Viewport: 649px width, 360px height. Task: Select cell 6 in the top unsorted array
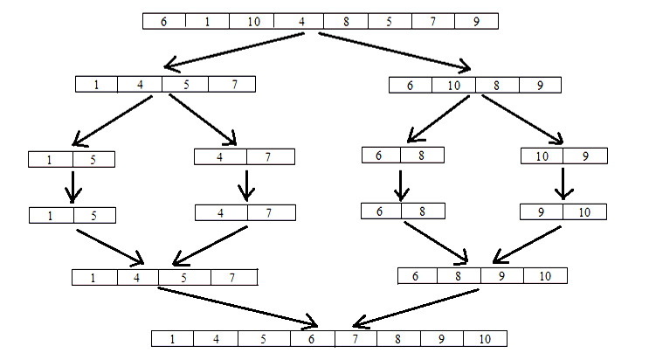tap(164, 21)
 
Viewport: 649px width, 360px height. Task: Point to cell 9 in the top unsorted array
tap(476, 21)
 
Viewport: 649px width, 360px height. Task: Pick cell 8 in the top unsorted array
tap(346, 21)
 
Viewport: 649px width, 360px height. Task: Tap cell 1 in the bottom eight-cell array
tap(173, 338)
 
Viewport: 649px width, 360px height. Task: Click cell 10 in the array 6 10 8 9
tap(454, 85)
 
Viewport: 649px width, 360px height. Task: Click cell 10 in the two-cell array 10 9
tap(542, 156)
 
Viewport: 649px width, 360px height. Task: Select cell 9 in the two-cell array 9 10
tap(542, 211)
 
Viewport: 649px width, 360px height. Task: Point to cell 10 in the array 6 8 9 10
tap(545, 276)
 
